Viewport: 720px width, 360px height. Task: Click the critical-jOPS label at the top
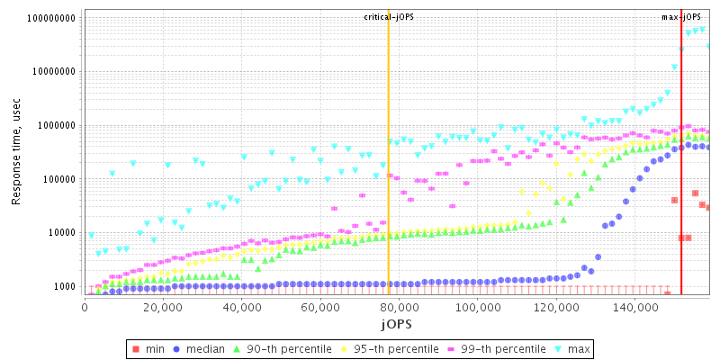[x=389, y=17]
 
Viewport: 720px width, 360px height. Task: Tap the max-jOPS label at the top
[x=681, y=17]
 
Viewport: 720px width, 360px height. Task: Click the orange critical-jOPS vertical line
[x=388, y=180]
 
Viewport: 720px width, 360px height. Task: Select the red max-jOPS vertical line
[x=681, y=180]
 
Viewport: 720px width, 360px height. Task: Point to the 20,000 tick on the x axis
[x=163, y=308]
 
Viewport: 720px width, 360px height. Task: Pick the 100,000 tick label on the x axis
[x=475, y=308]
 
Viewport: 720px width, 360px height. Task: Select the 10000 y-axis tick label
[x=60, y=233]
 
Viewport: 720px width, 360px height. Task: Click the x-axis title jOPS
[x=396, y=323]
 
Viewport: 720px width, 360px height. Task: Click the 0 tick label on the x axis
[x=85, y=308]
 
